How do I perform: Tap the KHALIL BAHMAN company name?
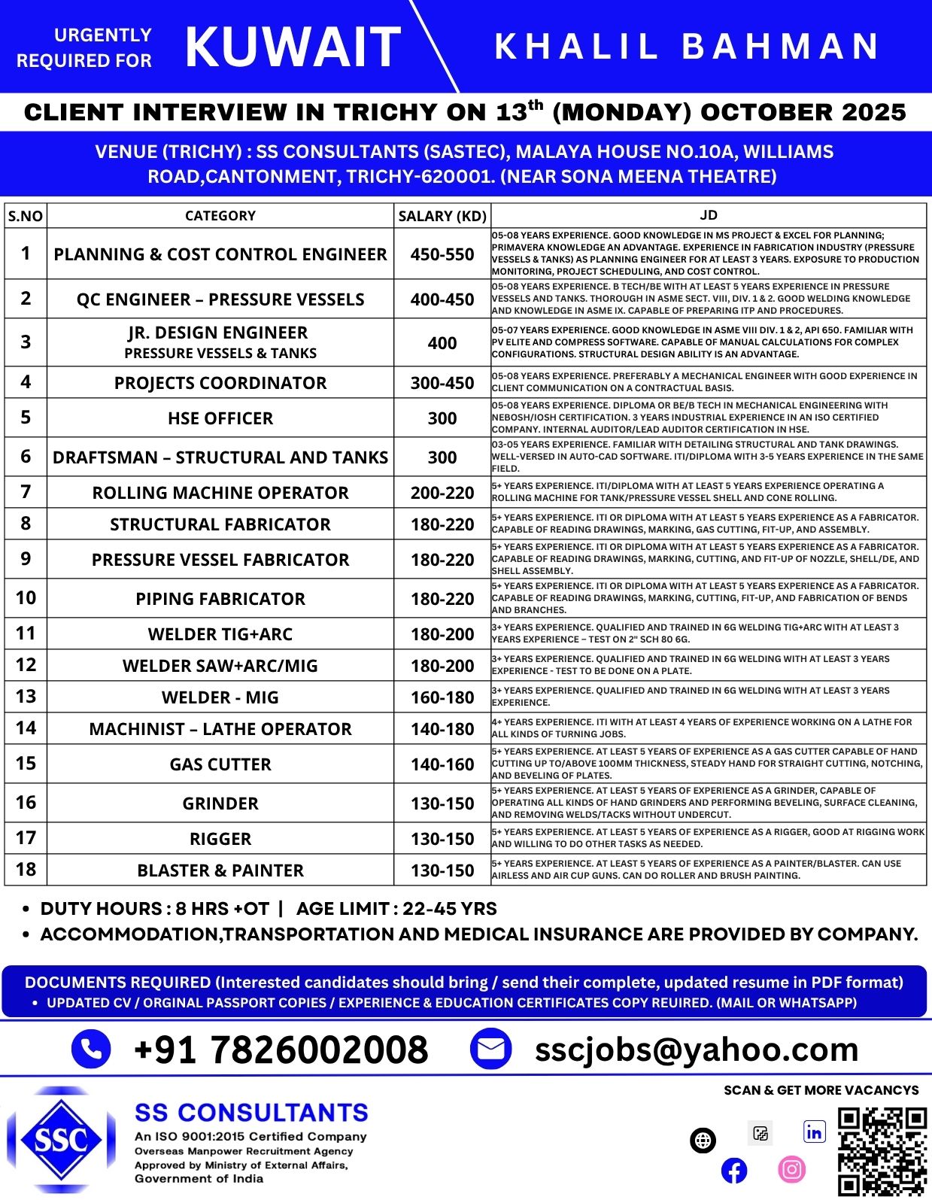[x=687, y=47]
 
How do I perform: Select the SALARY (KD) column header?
[x=442, y=216]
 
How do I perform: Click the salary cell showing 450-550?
[x=442, y=254]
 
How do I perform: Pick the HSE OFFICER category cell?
[x=220, y=418]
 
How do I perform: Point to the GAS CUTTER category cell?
[x=220, y=764]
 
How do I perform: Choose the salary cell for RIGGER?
[x=442, y=839]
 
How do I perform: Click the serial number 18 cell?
[x=26, y=870]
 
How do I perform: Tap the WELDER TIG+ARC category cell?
[x=220, y=634]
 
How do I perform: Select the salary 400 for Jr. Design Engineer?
[x=442, y=343]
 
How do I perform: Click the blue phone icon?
[x=91, y=1049]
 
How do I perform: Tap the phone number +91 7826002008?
[x=281, y=1050]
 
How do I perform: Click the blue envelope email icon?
[x=490, y=1049]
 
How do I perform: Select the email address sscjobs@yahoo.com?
[x=697, y=1049]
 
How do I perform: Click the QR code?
[x=882, y=1151]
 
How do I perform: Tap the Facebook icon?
[x=734, y=1171]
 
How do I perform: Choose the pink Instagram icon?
[x=791, y=1169]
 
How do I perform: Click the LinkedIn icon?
[x=814, y=1132]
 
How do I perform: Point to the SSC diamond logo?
[x=62, y=1140]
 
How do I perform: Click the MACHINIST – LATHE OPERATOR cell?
[x=220, y=729]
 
